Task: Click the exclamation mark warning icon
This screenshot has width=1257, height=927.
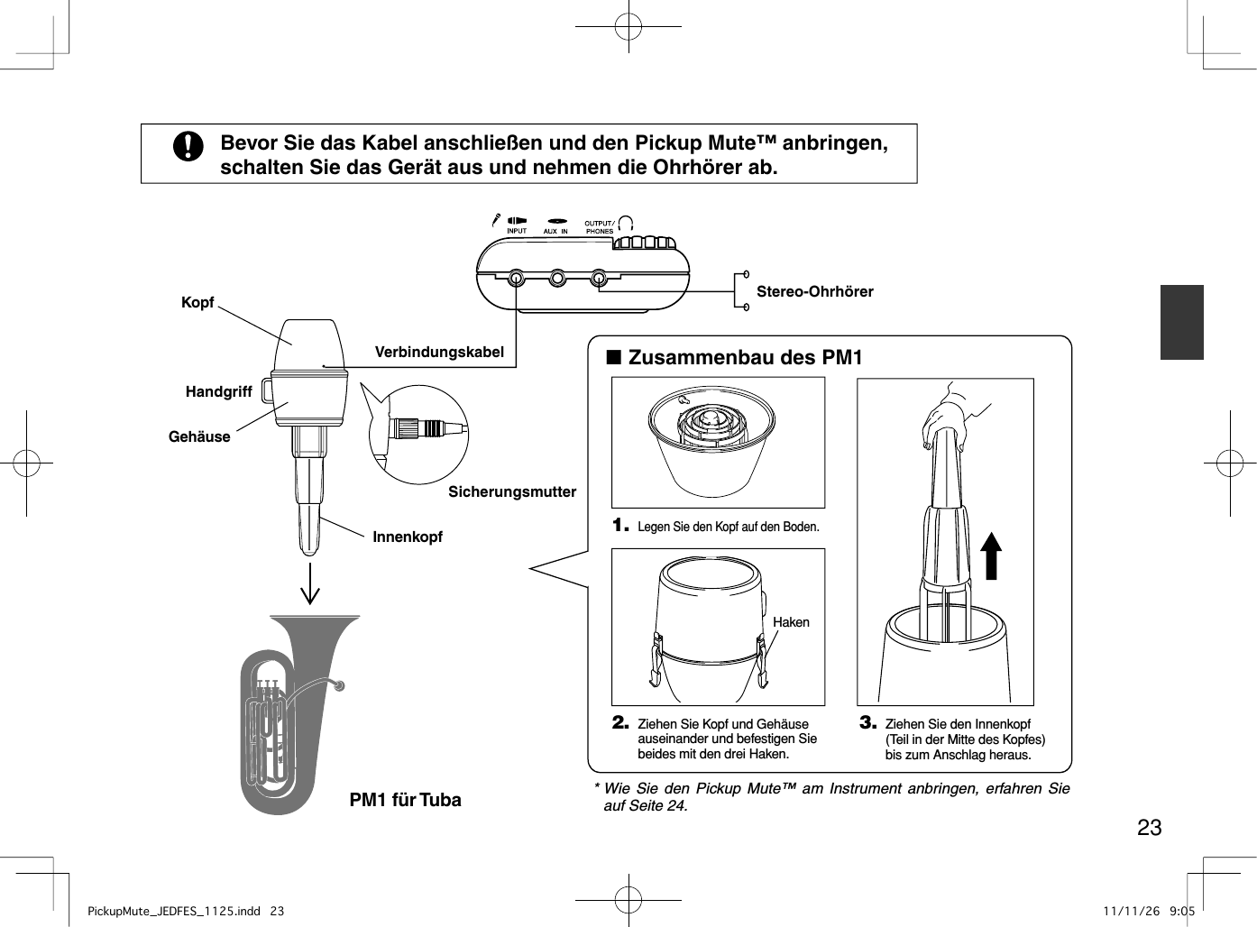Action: click(x=188, y=145)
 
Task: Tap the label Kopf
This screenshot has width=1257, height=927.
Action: click(x=197, y=303)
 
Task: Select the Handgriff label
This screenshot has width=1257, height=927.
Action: click(x=218, y=391)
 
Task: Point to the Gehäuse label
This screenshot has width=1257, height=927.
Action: click(x=199, y=436)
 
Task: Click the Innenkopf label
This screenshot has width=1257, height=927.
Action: click(x=408, y=537)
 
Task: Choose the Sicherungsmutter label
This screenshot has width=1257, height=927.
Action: click(x=511, y=491)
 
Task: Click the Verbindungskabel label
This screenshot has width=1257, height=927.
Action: click(x=439, y=352)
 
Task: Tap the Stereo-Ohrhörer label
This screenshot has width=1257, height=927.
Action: click(x=814, y=291)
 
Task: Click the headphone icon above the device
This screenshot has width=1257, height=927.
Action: click(x=626, y=222)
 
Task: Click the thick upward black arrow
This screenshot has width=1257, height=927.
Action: click(x=991, y=555)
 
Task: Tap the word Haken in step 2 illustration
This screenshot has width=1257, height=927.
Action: click(x=791, y=622)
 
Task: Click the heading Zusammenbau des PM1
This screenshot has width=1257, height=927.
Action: click(x=744, y=358)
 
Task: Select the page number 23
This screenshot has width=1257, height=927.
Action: click(x=1149, y=827)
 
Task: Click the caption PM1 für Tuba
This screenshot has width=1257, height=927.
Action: click(x=405, y=800)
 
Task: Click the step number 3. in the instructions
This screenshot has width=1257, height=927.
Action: click(x=867, y=722)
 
